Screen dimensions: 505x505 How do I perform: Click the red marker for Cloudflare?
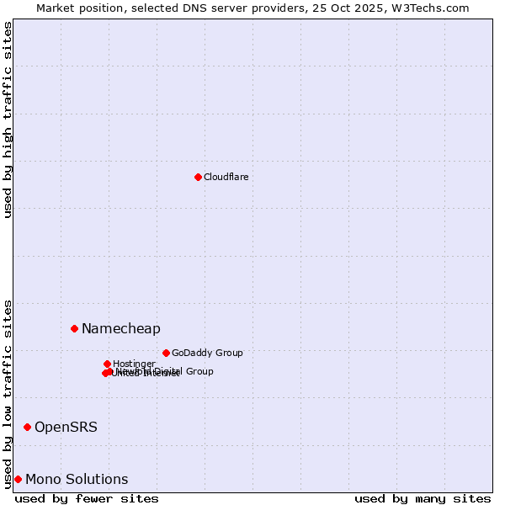198,177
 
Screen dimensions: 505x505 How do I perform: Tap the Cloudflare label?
226,177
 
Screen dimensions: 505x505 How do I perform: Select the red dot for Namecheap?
74,328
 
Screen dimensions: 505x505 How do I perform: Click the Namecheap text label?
120,328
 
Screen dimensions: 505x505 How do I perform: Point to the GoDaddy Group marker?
166,353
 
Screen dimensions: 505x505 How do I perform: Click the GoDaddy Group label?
206,353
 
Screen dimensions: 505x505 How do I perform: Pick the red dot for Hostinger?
107,364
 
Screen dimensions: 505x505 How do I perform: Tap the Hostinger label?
134,364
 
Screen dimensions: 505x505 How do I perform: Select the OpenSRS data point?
27,427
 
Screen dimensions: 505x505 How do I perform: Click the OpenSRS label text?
66,427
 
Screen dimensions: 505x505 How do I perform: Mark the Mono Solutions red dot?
18,479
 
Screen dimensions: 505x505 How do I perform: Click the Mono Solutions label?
77,479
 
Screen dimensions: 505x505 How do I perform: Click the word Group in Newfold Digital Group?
199,371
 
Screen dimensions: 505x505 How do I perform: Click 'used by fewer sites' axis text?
87,498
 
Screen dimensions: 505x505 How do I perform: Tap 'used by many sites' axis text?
423,498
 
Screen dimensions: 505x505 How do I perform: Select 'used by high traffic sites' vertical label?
8,120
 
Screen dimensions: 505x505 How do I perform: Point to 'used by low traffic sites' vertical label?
8,393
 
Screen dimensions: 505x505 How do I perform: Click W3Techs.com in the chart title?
436,8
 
